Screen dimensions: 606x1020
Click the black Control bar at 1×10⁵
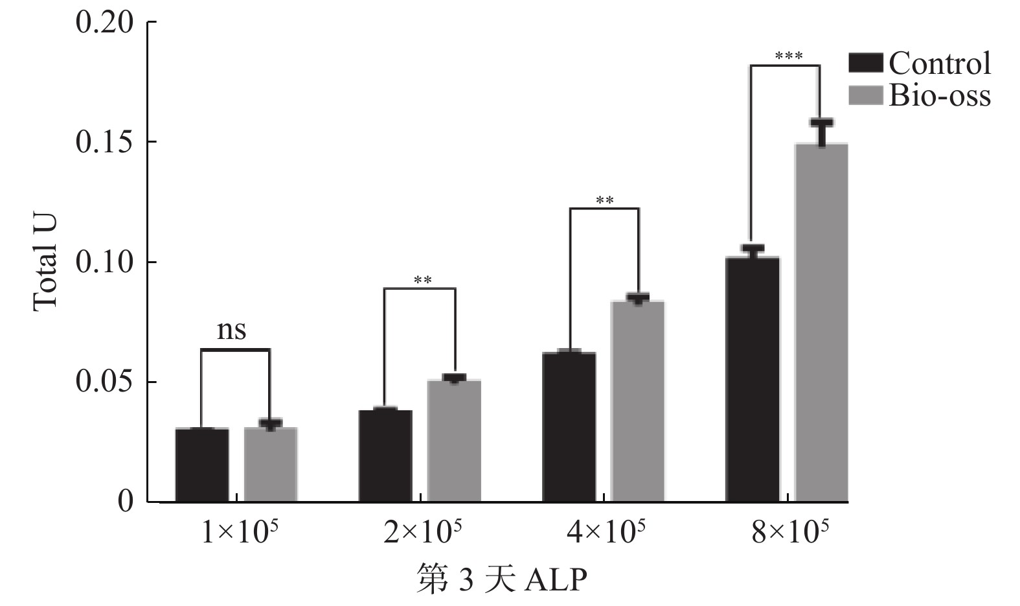click(201, 465)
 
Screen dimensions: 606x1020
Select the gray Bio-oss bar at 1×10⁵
click(270, 465)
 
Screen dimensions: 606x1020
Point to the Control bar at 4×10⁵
click(569, 427)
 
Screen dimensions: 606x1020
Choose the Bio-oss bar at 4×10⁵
click(638, 401)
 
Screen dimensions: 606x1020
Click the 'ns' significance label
click(231, 331)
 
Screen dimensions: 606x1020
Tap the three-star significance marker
click(788, 56)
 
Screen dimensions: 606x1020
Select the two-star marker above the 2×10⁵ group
click(422, 281)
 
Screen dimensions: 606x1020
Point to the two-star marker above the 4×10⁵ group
click(604, 200)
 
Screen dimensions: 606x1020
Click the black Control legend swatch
click(865, 64)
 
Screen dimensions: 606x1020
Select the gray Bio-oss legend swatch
click(865, 95)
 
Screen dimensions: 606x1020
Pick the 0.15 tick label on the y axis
click(104, 143)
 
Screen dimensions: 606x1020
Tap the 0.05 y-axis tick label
click(104, 382)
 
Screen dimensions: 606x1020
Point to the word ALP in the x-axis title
click(554, 580)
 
